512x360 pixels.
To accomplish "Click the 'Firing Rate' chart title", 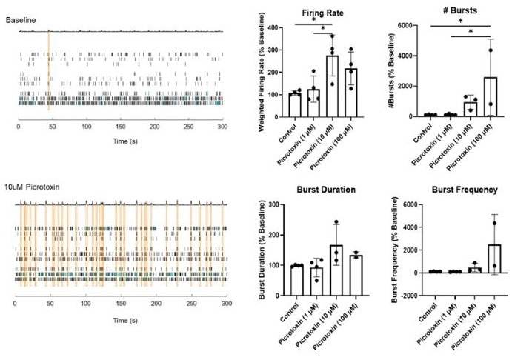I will coord(322,13).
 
